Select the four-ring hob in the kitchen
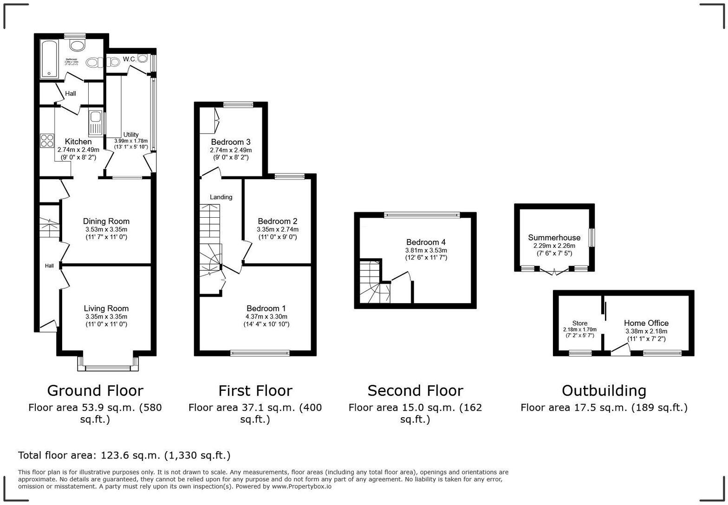pyautogui.click(x=47, y=140)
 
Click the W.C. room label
pyautogui.click(x=130, y=59)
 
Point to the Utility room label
pyautogui.click(x=131, y=135)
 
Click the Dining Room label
pyautogui.click(x=106, y=221)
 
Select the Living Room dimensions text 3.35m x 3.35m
pyautogui.click(x=106, y=317)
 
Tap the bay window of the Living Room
pyautogui.click(x=108, y=368)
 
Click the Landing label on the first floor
pyautogui.click(x=221, y=197)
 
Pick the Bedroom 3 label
pyautogui.click(x=231, y=142)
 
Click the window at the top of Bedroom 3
pyautogui.click(x=238, y=105)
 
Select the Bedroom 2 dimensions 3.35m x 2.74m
pyautogui.click(x=278, y=229)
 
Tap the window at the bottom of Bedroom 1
pyautogui.click(x=260, y=353)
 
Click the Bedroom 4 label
pyautogui.click(x=426, y=242)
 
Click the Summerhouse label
pyautogui.click(x=554, y=238)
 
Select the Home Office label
pyautogui.click(x=646, y=323)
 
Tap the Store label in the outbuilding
pyautogui.click(x=579, y=323)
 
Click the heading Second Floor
pyautogui.click(x=415, y=391)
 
